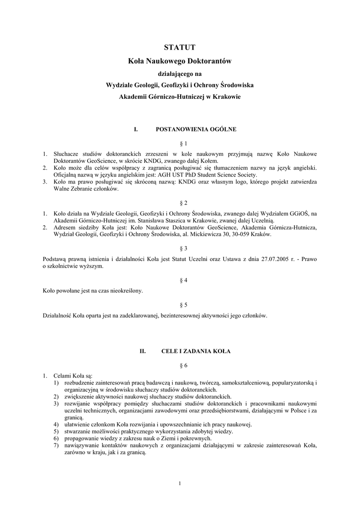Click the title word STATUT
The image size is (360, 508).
(x=180, y=48)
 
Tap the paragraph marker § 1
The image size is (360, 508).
(x=179, y=143)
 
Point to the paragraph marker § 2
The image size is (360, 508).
(x=179, y=203)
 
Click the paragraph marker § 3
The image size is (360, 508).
(x=179, y=248)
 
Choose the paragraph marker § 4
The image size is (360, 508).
(x=179, y=280)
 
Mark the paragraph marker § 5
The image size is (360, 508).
(x=179, y=305)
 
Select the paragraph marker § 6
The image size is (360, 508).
(x=179, y=365)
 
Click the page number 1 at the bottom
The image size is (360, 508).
(x=179, y=483)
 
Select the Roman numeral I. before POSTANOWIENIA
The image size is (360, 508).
(x=135, y=129)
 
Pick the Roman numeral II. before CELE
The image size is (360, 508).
(x=142, y=351)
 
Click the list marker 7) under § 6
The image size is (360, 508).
(x=56, y=445)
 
